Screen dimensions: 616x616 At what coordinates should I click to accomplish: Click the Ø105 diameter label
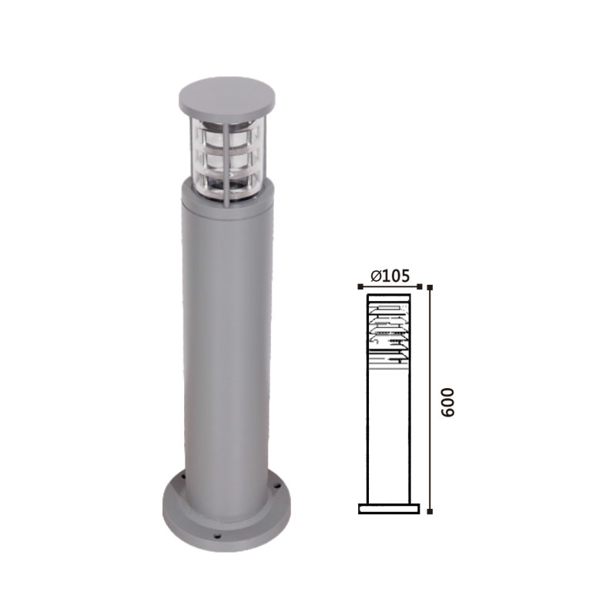[x=390, y=276]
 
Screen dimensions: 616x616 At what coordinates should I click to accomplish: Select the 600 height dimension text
[x=447, y=402]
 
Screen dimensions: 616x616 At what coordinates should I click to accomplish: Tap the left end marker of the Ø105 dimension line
[x=360, y=286]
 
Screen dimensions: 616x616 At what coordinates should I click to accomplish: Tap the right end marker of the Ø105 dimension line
[x=419, y=286]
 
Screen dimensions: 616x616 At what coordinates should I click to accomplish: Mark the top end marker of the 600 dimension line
[x=430, y=287]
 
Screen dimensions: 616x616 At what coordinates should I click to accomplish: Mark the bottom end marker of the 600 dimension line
[x=430, y=511]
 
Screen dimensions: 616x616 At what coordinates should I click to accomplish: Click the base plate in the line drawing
[x=389, y=509]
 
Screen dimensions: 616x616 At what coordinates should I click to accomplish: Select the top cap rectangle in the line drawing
[x=389, y=298]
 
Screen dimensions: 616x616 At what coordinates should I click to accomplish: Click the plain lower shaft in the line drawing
[x=389, y=436]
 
